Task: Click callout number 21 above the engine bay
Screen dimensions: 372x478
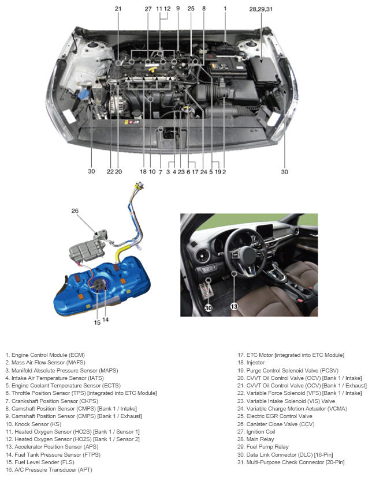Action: pos(118,9)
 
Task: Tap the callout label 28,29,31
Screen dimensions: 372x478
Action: pos(261,9)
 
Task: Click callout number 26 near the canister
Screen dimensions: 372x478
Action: pos(75,210)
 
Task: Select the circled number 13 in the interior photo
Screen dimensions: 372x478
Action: pos(234,306)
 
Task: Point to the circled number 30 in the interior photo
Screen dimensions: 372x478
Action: pos(209,307)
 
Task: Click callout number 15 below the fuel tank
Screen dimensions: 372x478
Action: pos(97,322)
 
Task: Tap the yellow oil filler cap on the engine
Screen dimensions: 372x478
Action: pos(152,70)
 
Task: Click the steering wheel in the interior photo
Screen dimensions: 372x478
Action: pos(244,253)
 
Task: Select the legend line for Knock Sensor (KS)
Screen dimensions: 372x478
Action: pos(34,424)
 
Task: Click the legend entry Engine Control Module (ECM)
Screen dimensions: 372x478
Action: pos(45,355)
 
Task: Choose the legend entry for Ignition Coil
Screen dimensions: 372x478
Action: pos(256,432)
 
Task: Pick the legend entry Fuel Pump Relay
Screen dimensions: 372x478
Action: pos(263,447)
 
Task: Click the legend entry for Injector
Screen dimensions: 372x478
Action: pos(251,363)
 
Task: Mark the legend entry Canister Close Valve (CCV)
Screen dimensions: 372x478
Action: pos(276,424)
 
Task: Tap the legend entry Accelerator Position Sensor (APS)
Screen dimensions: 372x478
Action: pos(52,447)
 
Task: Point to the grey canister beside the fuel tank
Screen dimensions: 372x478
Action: pos(87,249)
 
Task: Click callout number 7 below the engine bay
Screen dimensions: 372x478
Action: pos(161,172)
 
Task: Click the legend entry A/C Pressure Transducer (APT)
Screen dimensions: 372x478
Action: pos(49,470)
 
